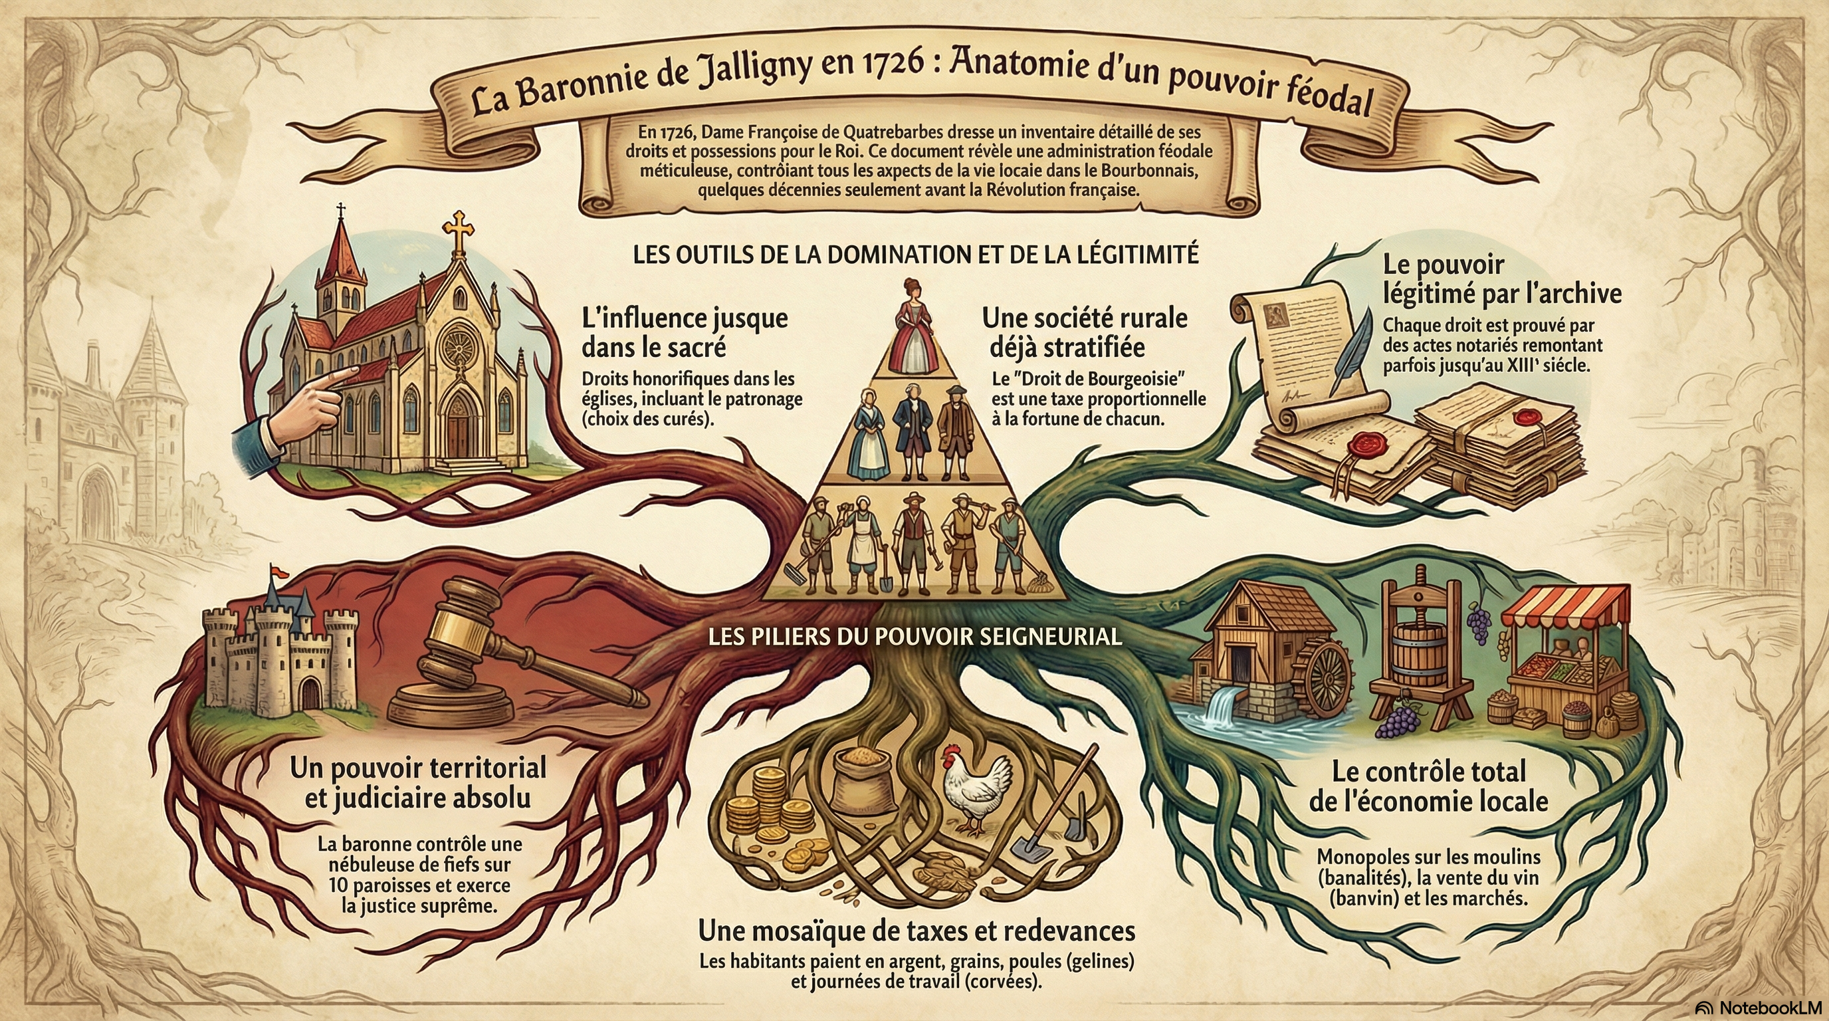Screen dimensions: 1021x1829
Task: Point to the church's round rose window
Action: (x=458, y=346)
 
